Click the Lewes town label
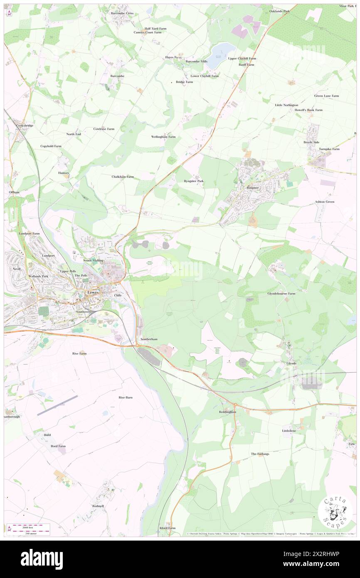(x=92, y=292)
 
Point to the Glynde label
(x=291, y=363)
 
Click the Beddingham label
(x=227, y=412)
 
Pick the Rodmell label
(x=98, y=506)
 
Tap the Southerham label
(x=149, y=339)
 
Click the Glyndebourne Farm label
(x=281, y=293)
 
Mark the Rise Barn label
(x=126, y=398)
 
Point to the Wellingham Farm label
(x=163, y=136)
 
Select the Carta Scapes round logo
(x=335, y=510)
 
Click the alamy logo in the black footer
(x=42, y=559)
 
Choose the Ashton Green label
(x=324, y=202)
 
